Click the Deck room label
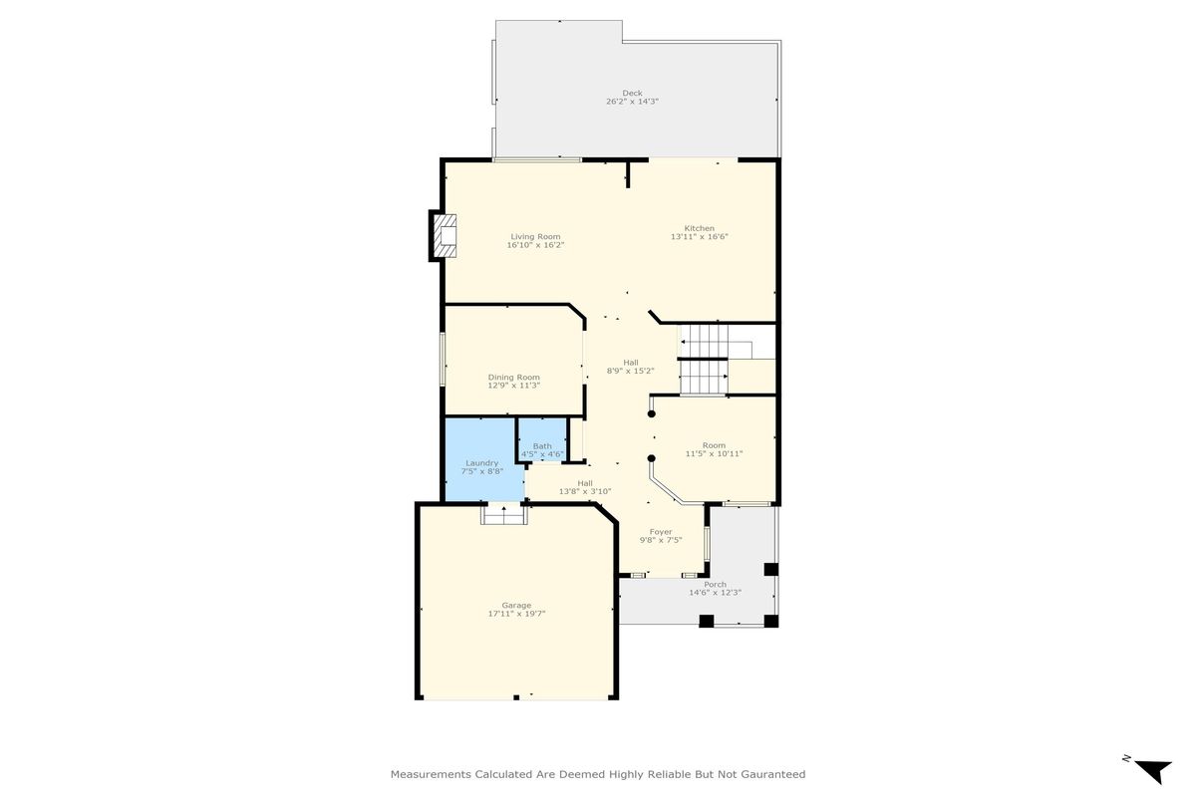coord(632,93)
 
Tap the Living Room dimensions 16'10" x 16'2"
coord(535,245)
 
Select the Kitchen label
coord(700,228)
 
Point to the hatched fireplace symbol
coord(445,236)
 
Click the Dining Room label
coord(513,378)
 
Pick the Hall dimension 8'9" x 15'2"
coord(631,371)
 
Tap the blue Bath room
coord(542,439)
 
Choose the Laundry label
coord(482,463)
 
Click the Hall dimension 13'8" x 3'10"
coord(585,491)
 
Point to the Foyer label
coord(661,532)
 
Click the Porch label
coord(715,584)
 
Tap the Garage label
coord(516,605)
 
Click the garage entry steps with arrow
coord(504,515)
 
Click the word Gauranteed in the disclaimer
coord(773,774)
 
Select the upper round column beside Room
coord(652,414)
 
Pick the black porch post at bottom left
coord(707,621)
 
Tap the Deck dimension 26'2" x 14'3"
coord(632,102)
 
